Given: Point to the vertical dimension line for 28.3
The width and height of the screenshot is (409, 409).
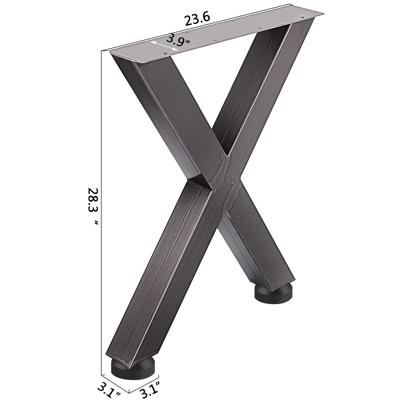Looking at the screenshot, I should coord(102,204).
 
